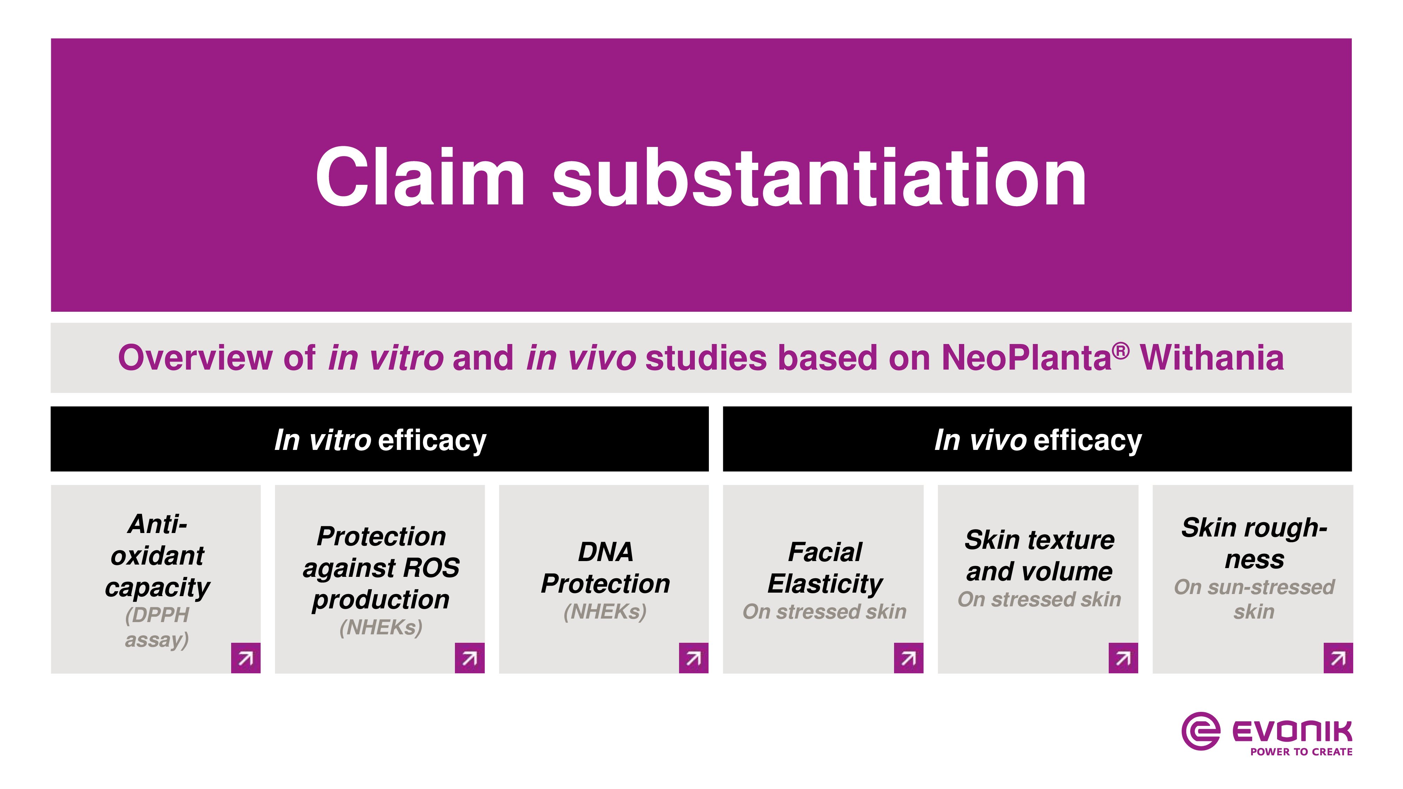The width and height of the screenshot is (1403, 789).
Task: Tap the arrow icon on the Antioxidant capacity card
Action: pos(246,658)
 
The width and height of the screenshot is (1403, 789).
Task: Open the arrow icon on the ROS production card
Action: pos(470,658)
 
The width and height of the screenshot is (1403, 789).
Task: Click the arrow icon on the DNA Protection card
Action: pos(693,658)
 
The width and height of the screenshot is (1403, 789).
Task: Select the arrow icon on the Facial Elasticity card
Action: pos(908,658)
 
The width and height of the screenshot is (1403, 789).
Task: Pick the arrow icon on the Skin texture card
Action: pos(1123,658)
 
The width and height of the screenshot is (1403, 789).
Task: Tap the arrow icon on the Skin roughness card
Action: pos(1338,658)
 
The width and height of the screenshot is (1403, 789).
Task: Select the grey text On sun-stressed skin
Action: pos(1254,599)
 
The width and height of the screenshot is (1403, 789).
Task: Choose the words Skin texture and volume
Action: pos(1039,555)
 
